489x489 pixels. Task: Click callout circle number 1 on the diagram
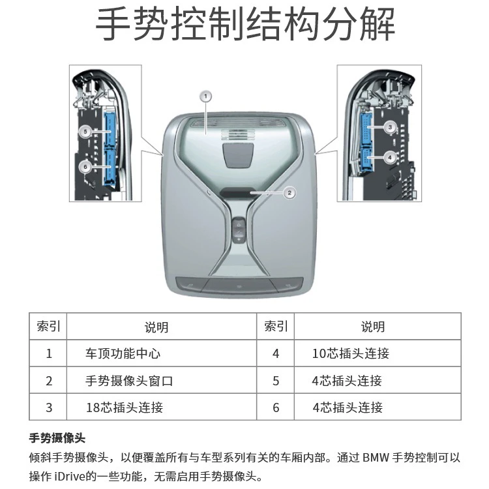click(205, 96)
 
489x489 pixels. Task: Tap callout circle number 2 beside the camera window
click(289, 193)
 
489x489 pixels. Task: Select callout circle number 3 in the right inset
click(390, 127)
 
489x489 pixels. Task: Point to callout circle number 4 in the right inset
click(389, 157)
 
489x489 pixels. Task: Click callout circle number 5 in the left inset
click(85, 131)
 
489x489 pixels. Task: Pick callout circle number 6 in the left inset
click(85, 167)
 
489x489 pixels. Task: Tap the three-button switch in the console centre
click(239, 230)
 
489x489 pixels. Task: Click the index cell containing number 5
click(276, 381)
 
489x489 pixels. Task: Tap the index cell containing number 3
click(49, 407)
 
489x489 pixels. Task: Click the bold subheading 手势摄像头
click(57, 438)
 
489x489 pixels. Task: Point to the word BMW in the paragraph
click(376, 458)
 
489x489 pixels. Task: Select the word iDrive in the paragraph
click(70, 476)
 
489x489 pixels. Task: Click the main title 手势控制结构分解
click(245, 24)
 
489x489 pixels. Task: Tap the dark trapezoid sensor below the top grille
click(237, 155)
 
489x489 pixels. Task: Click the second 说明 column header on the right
click(373, 327)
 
